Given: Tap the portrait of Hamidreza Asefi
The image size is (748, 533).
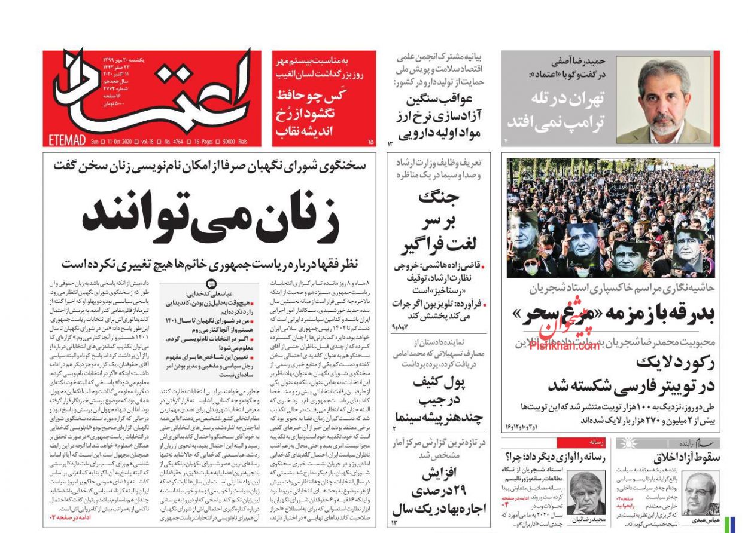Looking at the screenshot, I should (663, 100).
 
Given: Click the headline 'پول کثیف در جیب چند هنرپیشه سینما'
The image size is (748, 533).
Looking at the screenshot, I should (436, 400).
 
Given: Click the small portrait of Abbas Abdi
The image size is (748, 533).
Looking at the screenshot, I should (700, 492).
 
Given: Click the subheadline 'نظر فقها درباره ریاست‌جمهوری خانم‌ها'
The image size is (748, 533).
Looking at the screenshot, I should (211, 264).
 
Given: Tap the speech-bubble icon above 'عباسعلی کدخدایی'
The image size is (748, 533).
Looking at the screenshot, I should (211, 284).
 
